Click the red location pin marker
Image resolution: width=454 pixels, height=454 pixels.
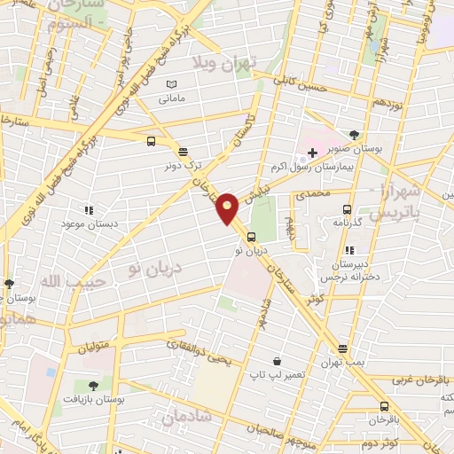pos(228,207)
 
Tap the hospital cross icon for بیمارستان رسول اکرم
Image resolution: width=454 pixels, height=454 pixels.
pos(312,153)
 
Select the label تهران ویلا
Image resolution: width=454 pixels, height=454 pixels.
pos(225,63)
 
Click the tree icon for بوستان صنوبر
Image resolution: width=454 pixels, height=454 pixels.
pos(355,135)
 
